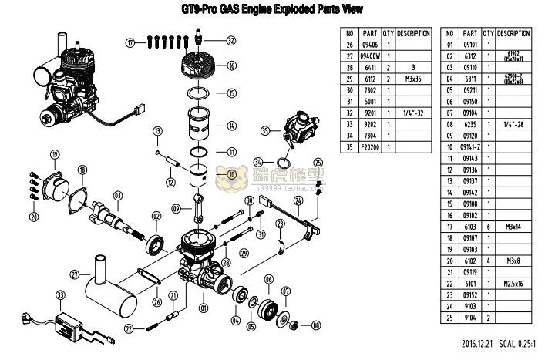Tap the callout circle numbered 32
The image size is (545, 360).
[x=230, y=41]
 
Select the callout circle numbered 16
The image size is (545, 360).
[x=230, y=66]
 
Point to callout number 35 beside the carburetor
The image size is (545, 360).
[x=265, y=131]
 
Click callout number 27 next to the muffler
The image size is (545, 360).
[x=75, y=274]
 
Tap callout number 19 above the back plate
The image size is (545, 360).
[x=55, y=155]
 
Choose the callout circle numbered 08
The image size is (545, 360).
[x=316, y=326]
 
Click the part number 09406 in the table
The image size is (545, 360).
[x=370, y=45]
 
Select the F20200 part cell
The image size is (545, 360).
[x=370, y=146]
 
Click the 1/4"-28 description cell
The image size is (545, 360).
[x=513, y=123]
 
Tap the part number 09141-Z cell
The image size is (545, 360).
[x=470, y=146]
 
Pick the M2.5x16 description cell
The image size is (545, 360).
[x=513, y=282]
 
